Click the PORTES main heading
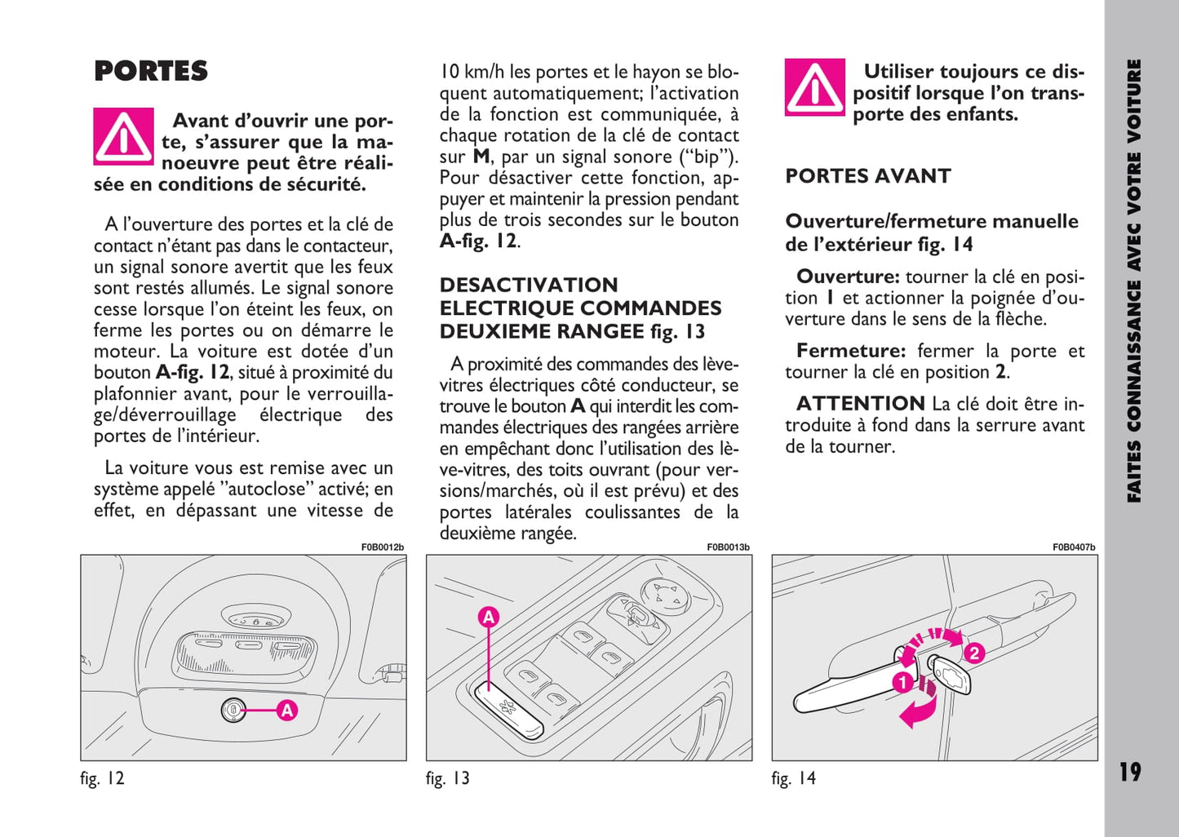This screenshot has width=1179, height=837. click(151, 71)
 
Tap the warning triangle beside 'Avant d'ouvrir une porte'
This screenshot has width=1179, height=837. click(123, 136)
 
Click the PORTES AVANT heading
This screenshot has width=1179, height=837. click(867, 176)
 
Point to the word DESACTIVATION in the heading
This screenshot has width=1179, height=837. click(529, 285)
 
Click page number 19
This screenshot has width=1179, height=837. click(1129, 772)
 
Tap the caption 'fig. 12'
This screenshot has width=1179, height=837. click(102, 778)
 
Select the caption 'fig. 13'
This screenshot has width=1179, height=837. click(448, 778)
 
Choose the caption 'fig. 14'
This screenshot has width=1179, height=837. click(793, 778)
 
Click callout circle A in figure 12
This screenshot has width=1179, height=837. click(286, 711)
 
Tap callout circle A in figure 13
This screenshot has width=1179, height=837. click(488, 617)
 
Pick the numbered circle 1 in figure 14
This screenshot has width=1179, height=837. click(902, 681)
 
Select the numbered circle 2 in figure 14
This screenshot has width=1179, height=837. click(973, 653)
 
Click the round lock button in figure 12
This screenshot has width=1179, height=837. click(233, 711)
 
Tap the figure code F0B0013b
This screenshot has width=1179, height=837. click(728, 547)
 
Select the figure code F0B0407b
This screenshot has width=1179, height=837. click(1073, 547)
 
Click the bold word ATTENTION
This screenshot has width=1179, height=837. click(860, 404)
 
